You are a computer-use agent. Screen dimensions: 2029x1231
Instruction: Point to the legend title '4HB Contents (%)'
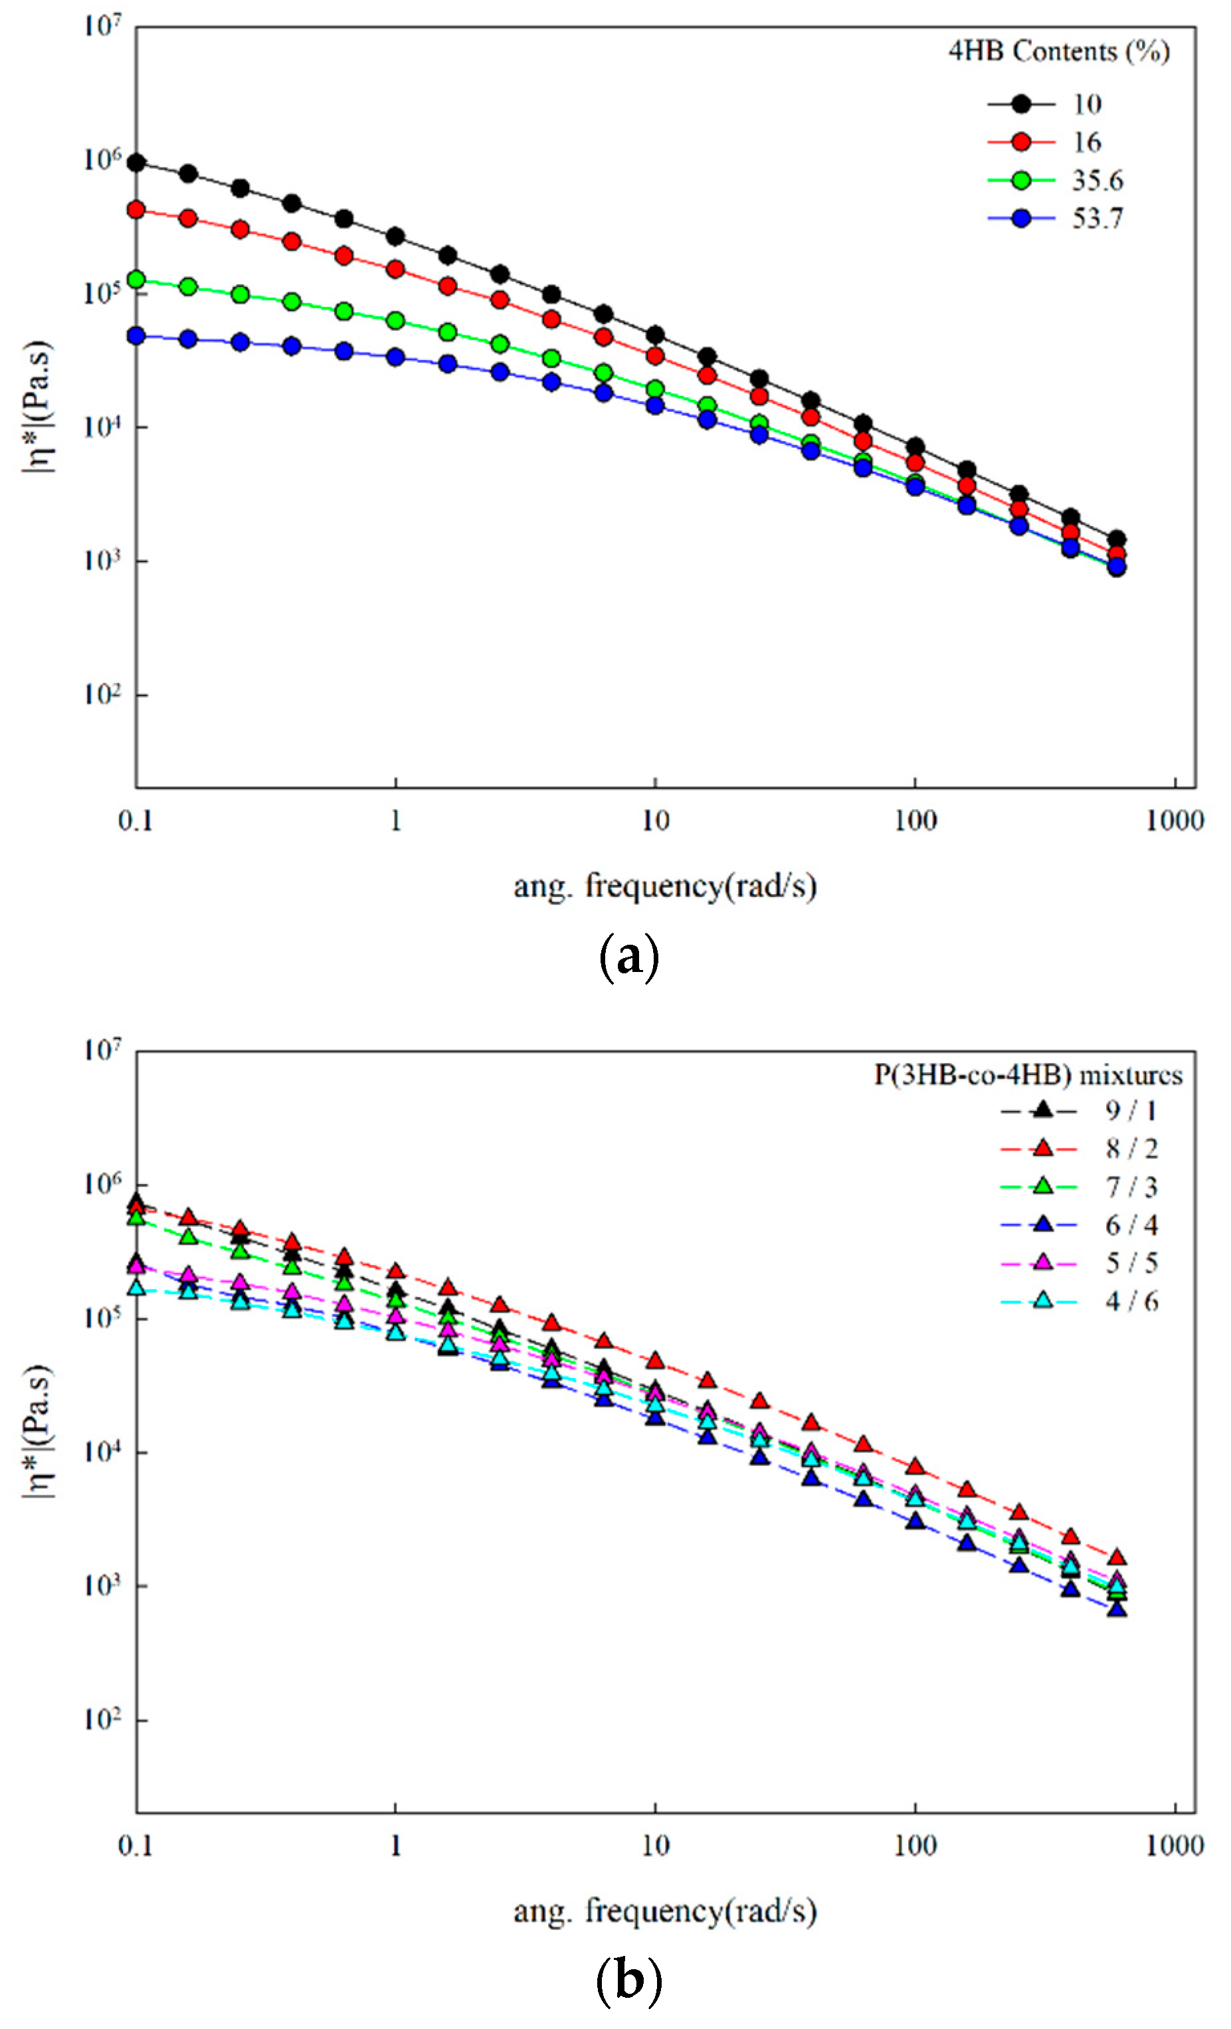(1059, 51)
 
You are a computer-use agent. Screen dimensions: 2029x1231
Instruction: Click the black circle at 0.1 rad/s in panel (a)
(137, 163)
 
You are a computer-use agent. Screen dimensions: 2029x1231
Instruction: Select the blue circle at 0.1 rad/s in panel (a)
(137, 336)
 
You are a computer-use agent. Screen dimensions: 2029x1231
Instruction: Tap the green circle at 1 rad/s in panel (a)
(395, 320)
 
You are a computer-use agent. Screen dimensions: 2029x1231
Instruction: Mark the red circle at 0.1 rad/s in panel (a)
(137, 210)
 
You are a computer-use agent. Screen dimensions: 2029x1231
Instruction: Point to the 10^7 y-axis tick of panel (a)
(103, 27)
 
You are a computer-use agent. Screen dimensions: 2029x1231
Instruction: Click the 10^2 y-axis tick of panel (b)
(103, 1720)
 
